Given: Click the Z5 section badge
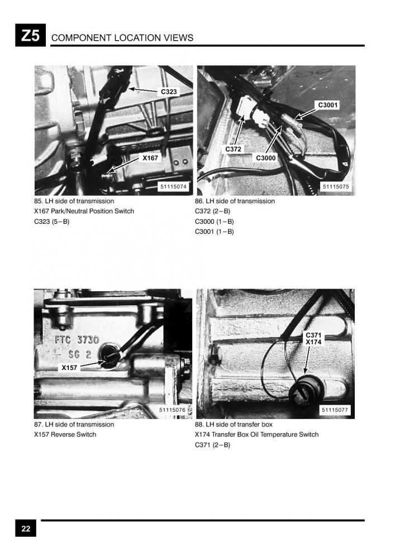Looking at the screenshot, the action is point(30,35).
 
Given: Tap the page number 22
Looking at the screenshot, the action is point(26,528).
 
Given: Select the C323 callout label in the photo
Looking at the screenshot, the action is point(169,92).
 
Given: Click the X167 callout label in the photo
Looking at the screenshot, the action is point(150,158).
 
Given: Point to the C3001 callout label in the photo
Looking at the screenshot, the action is point(328,105).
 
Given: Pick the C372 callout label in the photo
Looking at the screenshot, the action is point(234,150).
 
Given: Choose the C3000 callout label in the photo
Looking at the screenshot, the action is point(266,158).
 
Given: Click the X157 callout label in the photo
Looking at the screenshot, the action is point(69,368).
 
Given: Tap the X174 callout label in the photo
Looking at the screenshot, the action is point(313,343).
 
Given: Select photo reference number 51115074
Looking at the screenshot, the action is point(173,186).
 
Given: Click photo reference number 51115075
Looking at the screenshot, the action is point(336,186).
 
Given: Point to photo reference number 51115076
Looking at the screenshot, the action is point(173,410).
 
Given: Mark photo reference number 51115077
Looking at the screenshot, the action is point(335,410).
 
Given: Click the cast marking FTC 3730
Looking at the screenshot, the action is point(77,339).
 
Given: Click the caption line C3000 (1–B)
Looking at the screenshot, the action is point(215,222).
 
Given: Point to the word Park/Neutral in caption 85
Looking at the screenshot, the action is point(69,211).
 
